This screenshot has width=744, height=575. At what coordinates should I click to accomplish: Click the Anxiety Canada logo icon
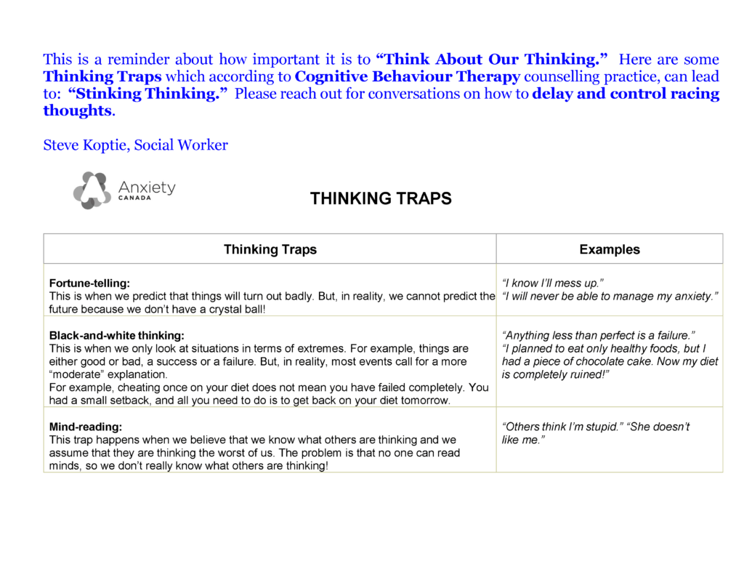coord(92,190)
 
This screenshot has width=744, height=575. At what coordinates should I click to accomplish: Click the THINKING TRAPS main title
coord(381,198)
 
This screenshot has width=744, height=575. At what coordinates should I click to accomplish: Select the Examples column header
coord(610,249)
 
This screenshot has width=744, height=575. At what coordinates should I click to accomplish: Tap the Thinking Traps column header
coord(270,249)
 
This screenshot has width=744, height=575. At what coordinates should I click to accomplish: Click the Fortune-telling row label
coord(89,283)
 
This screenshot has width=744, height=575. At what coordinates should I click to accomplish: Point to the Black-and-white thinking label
coord(116,336)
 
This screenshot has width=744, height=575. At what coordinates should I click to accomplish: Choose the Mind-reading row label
coord(85,427)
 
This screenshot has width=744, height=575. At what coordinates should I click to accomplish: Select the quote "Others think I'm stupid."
coord(562,427)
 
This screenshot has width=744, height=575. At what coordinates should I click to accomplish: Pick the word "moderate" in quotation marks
coord(76,374)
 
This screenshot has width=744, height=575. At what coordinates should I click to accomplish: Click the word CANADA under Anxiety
coord(134,198)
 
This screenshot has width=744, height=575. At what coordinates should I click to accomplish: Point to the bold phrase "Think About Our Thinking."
coord(492,60)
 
